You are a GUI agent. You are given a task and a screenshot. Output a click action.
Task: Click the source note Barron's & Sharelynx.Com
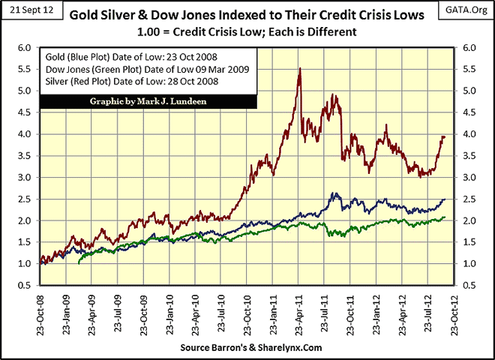tap(247, 349)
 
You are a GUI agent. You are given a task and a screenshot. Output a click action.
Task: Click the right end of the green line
tap(445, 217)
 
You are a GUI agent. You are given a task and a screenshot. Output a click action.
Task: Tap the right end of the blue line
tap(445, 199)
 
